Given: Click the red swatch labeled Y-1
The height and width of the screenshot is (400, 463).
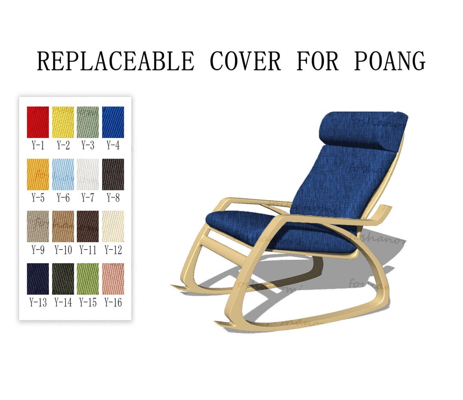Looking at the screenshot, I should click(x=38, y=122).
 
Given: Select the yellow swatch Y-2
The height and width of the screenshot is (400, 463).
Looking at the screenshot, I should click(x=63, y=122).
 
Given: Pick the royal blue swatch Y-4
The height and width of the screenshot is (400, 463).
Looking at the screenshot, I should click(x=113, y=122).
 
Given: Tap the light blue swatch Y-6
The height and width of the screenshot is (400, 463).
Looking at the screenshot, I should click(x=63, y=174).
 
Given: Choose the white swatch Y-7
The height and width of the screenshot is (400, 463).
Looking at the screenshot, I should click(x=87, y=174).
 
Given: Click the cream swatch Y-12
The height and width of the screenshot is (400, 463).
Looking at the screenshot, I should click(x=113, y=226).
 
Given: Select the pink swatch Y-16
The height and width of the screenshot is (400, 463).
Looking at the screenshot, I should click(x=113, y=279).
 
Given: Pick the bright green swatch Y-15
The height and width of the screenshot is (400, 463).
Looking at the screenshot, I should click(x=87, y=279).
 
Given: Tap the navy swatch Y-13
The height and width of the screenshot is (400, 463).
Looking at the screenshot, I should click(x=38, y=279).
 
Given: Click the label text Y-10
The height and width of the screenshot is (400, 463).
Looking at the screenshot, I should click(x=63, y=250).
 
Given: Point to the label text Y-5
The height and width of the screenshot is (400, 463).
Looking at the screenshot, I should click(x=38, y=198).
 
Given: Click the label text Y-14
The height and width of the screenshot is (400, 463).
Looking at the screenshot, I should click(x=63, y=302).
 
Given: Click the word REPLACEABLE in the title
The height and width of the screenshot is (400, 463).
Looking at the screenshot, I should click(x=115, y=61).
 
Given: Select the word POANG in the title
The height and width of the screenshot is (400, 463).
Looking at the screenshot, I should click(x=389, y=61).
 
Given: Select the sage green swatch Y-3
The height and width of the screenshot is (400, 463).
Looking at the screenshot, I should click(x=87, y=122).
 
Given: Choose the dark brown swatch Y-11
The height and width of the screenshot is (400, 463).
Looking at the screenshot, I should click(x=87, y=226).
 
